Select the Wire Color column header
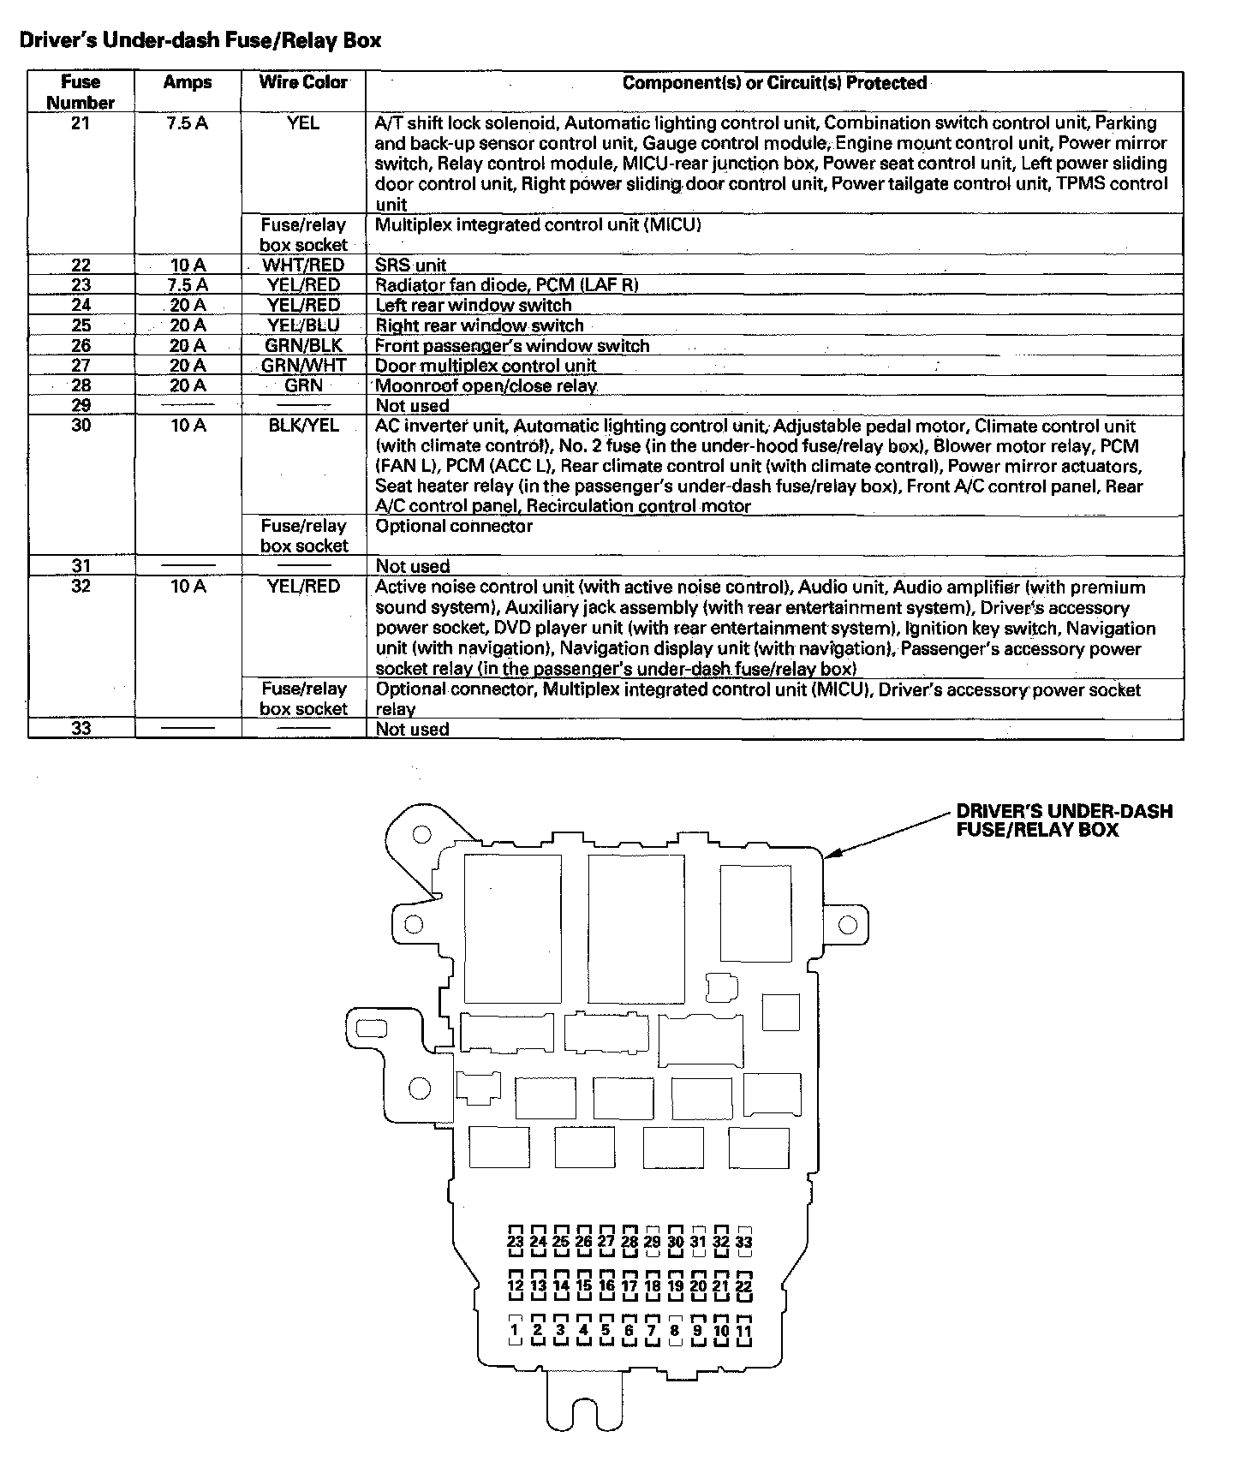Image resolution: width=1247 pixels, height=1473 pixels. [x=303, y=82]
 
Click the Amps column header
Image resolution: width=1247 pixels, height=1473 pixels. [x=188, y=82]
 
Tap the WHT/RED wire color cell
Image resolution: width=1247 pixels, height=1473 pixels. [x=303, y=265]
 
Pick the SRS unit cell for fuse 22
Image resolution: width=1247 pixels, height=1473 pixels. [x=411, y=265]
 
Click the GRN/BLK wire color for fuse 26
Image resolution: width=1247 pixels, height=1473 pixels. [x=303, y=345]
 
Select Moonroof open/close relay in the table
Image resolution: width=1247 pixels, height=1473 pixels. [x=486, y=385]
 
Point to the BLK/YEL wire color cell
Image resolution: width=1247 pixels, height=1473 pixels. [x=303, y=426]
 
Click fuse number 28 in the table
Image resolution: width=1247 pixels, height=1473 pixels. [x=81, y=385]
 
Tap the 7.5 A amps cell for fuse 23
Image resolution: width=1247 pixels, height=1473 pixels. [x=188, y=285]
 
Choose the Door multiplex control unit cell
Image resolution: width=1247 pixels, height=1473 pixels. [x=486, y=366]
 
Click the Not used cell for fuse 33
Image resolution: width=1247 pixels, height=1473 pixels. [x=412, y=729]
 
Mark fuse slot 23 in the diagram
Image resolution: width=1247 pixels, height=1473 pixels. [x=515, y=1241]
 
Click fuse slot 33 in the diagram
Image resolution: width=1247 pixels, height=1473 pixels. [x=743, y=1241]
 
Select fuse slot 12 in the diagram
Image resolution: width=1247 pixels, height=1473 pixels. [x=515, y=1285]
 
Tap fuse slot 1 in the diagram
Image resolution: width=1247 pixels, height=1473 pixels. [x=515, y=1330]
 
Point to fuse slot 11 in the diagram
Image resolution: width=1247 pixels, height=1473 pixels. [x=743, y=1330]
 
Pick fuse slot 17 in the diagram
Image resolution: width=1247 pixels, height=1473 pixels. [x=629, y=1285]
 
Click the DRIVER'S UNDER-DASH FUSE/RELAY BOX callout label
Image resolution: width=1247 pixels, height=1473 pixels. [x=1064, y=820]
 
